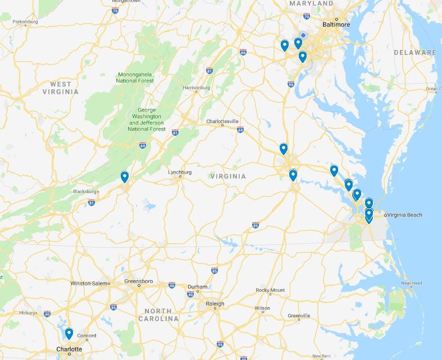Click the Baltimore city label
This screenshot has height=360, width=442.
coord(336,25)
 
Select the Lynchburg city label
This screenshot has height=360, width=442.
coord(180,172)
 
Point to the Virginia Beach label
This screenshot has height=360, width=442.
coord(405,215)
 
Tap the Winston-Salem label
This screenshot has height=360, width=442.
coord(89,283)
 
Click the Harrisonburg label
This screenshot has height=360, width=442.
coord(196,88)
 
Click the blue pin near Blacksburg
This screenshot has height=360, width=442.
coord(125,177)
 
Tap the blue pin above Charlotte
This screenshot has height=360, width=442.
coord(69,334)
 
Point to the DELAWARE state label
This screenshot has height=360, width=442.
coord(414,52)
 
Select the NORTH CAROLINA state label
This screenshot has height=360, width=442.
coord(162,315)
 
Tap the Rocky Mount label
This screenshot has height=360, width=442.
coord(270,290)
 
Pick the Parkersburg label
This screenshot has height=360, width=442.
coord(24,22)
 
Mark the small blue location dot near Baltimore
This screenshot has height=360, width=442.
coord(303,35)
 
